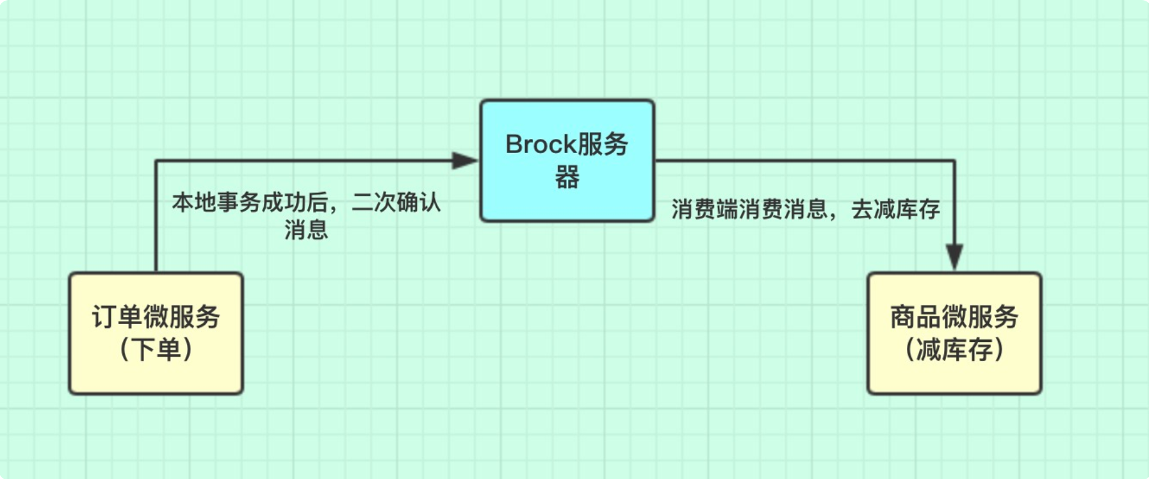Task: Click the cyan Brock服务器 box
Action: pyautogui.click(x=567, y=161)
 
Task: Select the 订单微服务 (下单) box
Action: pyautogui.click(x=156, y=334)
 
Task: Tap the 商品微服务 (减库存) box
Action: pyautogui.click(x=954, y=334)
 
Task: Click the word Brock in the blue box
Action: pyautogui.click(x=541, y=145)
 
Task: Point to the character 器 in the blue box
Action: pyautogui.click(x=567, y=177)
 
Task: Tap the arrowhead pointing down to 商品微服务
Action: pyautogui.click(x=954, y=257)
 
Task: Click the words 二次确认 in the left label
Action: pyautogui.click(x=396, y=202)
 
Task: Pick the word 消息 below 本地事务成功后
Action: pyautogui.click(x=307, y=229)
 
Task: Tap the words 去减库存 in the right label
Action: pyautogui.click(x=895, y=209)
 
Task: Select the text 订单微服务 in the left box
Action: pyautogui.click(x=156, y=317)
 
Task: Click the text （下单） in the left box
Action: pyautogui.click(x=156, y=350)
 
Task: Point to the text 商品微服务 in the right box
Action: pyautogui.click(x=954, y=317)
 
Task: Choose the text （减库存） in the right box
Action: pyautogui.click(x=954, y=350)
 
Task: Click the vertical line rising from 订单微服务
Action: pyautogui.click(x=156, y=216)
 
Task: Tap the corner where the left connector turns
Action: pyautogui.click(x=156, y=161)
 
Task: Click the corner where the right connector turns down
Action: pyautogui.click(x=954, y=161)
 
